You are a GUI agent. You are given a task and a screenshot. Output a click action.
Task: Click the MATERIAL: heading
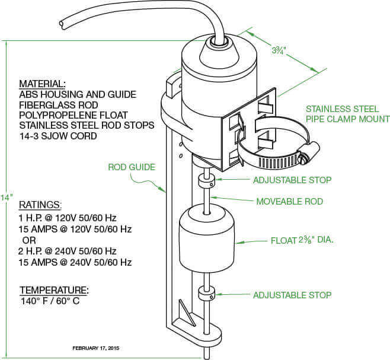[x=42, y=84]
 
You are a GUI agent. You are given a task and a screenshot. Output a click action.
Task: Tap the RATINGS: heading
[x=40, y=205]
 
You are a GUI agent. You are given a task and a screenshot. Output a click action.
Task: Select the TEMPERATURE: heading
[x=54, y=291]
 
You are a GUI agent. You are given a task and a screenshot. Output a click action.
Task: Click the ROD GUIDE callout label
[x=131, y=167]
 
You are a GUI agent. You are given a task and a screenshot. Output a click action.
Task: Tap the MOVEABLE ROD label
[x=289, y=202]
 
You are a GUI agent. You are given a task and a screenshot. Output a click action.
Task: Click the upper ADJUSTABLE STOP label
[x=292, y=180]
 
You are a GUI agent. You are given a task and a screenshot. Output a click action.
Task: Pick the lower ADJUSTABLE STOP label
[x=292, y=295]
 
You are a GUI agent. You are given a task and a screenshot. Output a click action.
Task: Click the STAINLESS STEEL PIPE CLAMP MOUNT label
[x=347, y=114]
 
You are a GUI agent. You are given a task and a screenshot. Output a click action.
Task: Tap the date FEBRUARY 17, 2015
[x=95, y=348]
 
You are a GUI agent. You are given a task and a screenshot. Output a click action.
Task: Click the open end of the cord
[x=62, y=24]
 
